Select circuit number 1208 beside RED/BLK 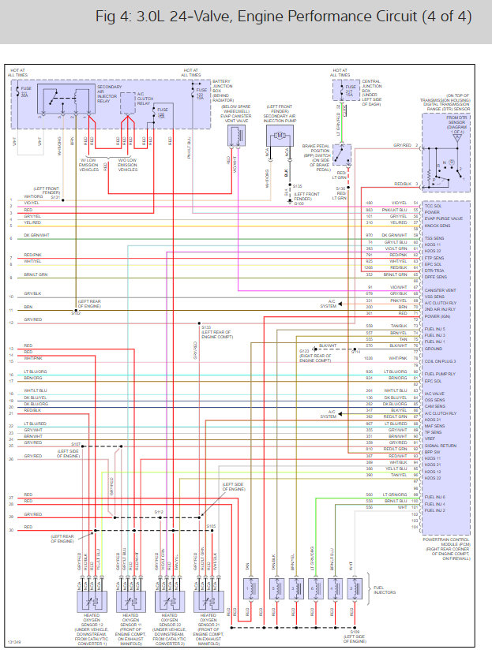369,267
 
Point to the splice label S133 206,326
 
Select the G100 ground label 297,203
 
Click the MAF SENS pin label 436,426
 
